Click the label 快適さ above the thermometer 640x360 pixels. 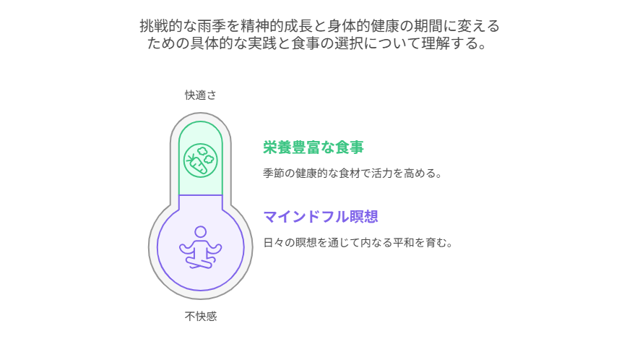tap(200, 95)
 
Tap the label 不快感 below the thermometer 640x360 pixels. tap(200, 317)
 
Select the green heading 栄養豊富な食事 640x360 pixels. tap(313, 147)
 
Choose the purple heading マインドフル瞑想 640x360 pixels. tap(321, 217)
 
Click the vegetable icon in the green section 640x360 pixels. tap(200, 160)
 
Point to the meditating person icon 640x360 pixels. tap(200, 247)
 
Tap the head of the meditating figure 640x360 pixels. tap(200, 232)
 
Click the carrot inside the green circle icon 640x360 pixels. tap(196, 163)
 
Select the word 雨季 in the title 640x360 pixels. tap(212, 26)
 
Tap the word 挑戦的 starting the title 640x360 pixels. tap(161, 26)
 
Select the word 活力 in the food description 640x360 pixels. tap(382, 173)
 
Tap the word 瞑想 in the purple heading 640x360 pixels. tap(363, 217)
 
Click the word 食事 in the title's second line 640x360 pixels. tap(306, 43)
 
